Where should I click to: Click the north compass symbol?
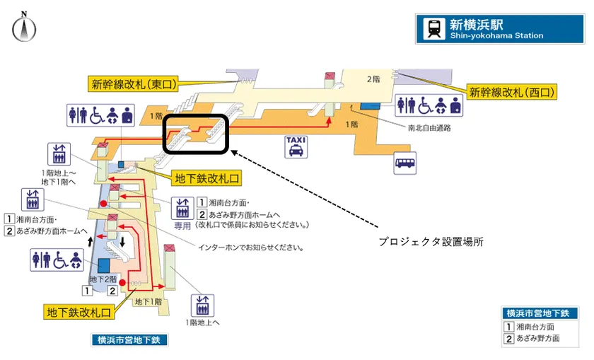pos(24,28)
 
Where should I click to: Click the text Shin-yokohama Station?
pos(496,36)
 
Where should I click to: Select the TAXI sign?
pos(296,146)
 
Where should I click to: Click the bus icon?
pos(405,163)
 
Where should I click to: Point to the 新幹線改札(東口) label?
pos(132,84)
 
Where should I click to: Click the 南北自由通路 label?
pos(429,129)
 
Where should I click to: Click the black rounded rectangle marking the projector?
pos(196,133)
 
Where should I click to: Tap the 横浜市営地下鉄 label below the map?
pos(129,340)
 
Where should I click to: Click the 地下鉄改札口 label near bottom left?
pos(78,312)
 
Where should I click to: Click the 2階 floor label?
pos(373,79)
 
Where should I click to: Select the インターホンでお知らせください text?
pos(251,248)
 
